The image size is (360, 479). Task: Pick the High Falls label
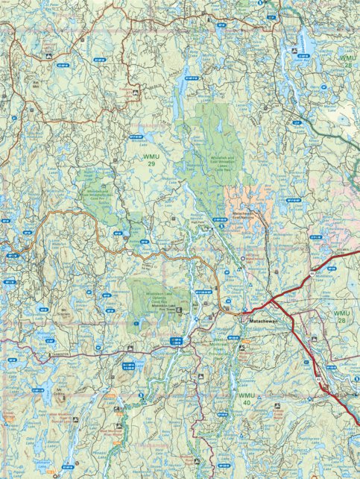[x=198, y=220]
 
